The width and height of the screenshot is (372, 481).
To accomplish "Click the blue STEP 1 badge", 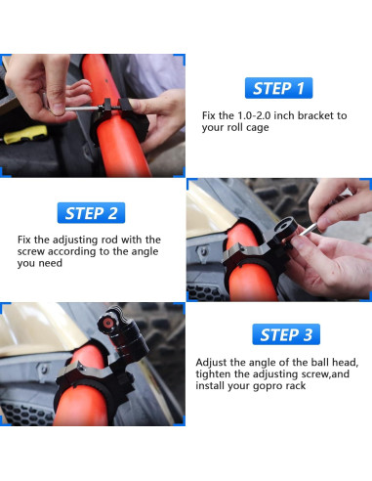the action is [x=278, y=88].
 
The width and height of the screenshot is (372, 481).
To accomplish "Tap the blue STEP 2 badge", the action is [x=91, y=213].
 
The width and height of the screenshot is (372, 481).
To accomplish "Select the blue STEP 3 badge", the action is [x=286, y=334].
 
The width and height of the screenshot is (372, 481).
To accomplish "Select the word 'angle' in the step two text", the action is [x=145, y=251].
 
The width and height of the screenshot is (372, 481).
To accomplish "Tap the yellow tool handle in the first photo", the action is [x=25, y=134].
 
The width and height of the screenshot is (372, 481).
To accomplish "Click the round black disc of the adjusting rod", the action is [x=285, y=226].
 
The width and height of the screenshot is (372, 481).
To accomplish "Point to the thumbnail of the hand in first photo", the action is [x=58, y=109].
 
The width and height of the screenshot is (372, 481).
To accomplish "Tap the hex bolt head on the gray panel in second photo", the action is [x=203, y=251].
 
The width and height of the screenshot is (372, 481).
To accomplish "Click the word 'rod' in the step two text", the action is [x=109, y=240].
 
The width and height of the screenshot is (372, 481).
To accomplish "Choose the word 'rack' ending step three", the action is [x=296, y=386].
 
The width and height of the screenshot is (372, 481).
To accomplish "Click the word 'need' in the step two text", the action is [x=52, y=263].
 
